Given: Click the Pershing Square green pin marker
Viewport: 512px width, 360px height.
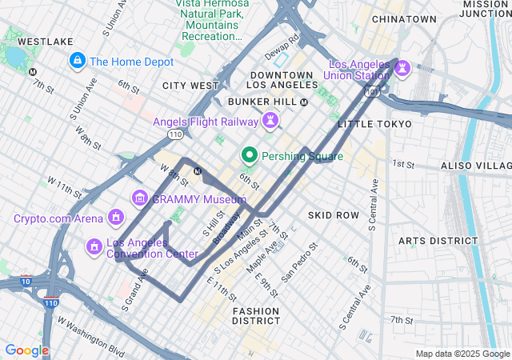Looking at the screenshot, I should click(x=250, y=156).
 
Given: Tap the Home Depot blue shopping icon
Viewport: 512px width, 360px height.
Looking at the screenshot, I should click(x=78, y=60).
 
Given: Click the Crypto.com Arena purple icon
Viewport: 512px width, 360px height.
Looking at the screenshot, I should click(x=116, y=218).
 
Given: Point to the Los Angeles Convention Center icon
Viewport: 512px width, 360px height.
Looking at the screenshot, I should click(x=94, y=247).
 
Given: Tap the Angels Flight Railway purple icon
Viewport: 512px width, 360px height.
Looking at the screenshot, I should click(x=271, y=122).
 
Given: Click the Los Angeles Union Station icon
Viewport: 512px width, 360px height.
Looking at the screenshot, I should click(x=402, y=70).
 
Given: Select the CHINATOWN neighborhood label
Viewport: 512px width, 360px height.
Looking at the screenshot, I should click(x=404, y=19).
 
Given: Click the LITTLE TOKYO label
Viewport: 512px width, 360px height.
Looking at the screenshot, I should click(x=374, y=124).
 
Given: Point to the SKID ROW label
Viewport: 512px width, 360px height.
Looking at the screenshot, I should click(x=334, y=216).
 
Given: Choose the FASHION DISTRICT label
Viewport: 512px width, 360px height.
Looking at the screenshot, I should click(x=256, y=315).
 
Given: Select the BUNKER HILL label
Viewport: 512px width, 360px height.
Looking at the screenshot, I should click(x=262, y=102).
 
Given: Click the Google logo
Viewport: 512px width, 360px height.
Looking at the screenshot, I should click(x=27, y=350).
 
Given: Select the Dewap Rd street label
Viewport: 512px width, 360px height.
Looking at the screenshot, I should click(x=282, y=38).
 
